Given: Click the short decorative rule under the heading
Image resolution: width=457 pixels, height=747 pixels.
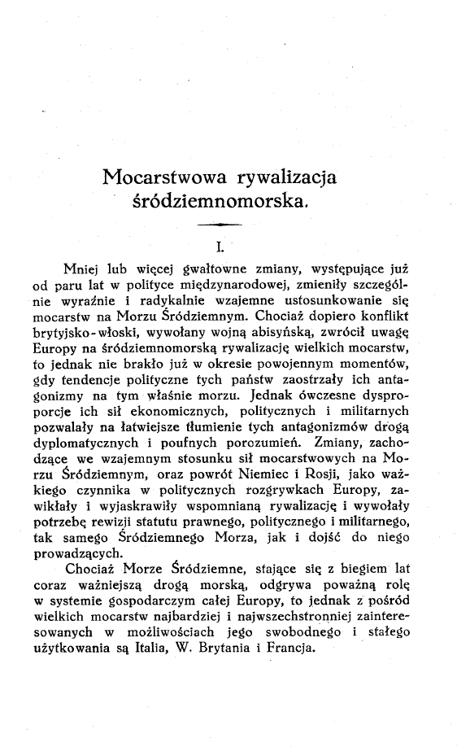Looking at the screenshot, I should click(x=215, y=224).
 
